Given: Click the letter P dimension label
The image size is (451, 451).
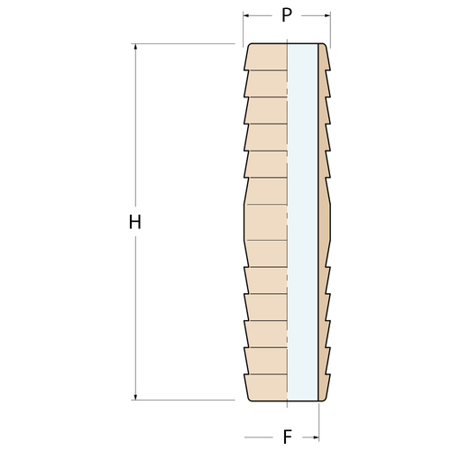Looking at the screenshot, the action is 287,14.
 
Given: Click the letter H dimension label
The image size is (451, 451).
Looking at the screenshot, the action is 135,222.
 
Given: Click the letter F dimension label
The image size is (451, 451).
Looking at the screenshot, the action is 288,437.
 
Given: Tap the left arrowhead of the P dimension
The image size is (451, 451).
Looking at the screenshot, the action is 246,15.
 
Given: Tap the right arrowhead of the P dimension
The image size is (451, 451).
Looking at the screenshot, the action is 327,15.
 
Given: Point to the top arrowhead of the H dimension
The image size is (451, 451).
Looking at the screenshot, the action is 135,47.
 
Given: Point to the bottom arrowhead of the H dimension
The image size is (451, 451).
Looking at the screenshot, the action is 135,397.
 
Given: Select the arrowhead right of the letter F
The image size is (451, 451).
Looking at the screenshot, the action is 316,437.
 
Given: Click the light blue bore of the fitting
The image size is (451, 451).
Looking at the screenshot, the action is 302,222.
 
